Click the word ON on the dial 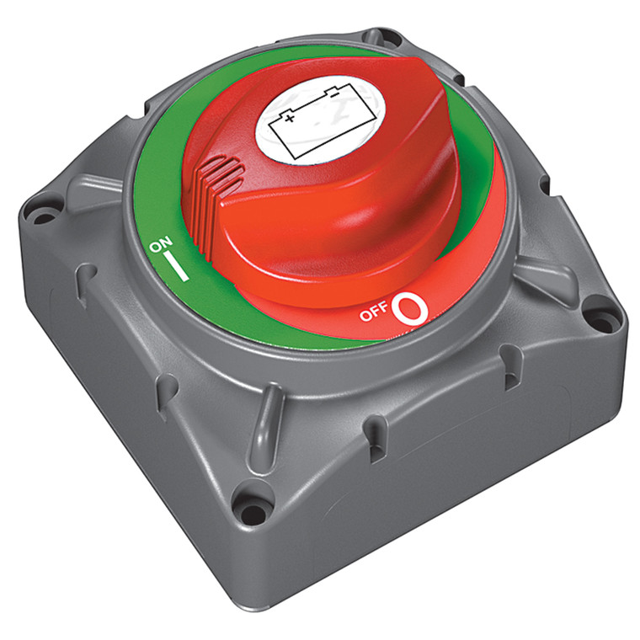tap(159, 246)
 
